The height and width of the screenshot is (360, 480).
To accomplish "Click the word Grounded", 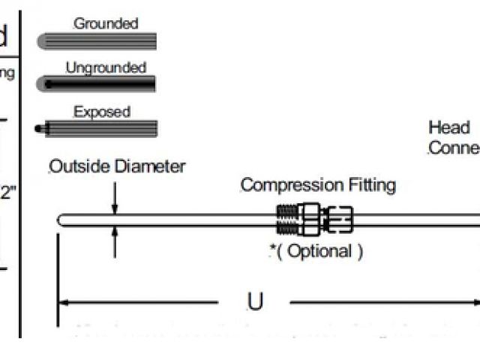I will pyautogui.click(x=106, y=24).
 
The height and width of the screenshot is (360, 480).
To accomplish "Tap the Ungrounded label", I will pyautogui.click(x=105, y=68).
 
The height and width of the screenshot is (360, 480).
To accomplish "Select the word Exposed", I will pyautogui.click(x=102, y=112).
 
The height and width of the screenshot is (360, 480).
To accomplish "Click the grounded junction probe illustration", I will pyautogui.click(x=97, y=40).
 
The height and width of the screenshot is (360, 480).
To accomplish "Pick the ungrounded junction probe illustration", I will pyautogui.click(x=97, y=85).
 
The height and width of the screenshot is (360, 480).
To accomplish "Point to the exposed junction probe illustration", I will pyautogui.click(x=100, y=128).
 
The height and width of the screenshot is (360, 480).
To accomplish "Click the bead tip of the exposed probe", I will pyautogui.click(x=39, y=129).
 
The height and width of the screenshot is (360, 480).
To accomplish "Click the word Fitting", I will pyautogui.click(x=368, y=185).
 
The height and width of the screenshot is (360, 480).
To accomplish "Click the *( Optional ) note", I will pyautogui.click(x=316, y=251).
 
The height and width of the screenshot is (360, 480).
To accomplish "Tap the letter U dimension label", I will pyautogui.click(x=255, y=301).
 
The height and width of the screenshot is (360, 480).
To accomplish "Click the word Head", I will pyautogui.click(x=448, y=127).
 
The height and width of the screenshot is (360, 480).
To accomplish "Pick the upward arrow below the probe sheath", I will pyautogui.click(x=115, y=233).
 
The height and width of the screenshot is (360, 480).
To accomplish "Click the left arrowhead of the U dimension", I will pyautogui.click(x=64, y=303).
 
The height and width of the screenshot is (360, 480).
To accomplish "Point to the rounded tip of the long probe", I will pyautogui.click(x=61, y=220).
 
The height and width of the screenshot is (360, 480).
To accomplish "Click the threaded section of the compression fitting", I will pyautogui.click(x=286, y=220).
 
